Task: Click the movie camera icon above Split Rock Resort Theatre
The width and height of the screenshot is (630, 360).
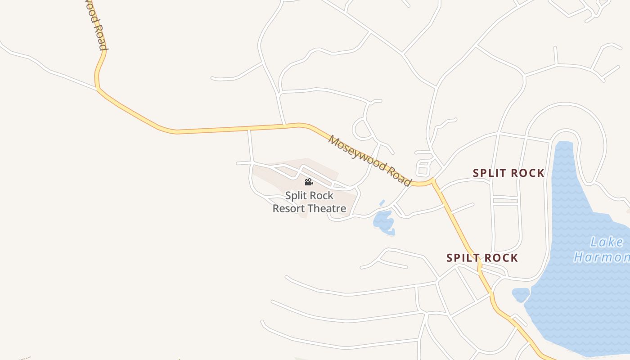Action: click(309, 182)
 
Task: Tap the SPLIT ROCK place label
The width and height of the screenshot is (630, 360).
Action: click(508, 173)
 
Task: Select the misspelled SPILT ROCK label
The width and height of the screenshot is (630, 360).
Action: click(482, 258)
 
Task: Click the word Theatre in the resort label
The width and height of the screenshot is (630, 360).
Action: click(328, 208)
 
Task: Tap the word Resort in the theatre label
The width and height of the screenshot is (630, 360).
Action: click(290, 208)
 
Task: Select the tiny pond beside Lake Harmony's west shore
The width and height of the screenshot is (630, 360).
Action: click(521, 294)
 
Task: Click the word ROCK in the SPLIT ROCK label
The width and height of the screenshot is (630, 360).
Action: click(526, 173)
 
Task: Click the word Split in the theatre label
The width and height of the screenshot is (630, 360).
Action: click(295, 196)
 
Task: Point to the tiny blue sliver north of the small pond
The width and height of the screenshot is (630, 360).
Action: click(382, 203)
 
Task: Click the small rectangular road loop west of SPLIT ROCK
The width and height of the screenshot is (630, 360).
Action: click(423, 168)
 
